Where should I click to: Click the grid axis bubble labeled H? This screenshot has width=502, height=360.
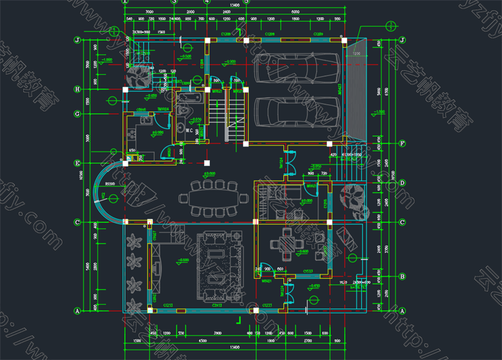point(77,89)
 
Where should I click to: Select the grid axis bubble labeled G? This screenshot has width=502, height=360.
point(77,114)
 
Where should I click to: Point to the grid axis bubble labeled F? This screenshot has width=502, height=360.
point(401,142)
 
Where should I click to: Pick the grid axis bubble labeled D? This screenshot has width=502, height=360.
point(401,183)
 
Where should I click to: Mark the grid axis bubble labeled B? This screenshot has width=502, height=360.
point(401,276)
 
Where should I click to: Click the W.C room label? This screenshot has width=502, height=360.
point(191,131)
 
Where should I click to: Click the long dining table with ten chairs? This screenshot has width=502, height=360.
point(213,198)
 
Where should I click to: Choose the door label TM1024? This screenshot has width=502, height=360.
point(163,109)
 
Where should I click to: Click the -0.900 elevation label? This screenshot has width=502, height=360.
point(229,62)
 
